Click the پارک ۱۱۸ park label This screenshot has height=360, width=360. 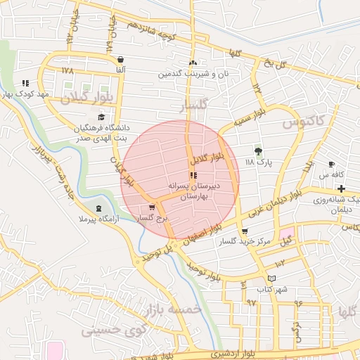point(258,162)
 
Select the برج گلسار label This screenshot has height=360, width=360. point(153,219)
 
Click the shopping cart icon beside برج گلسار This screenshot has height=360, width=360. point(153,207)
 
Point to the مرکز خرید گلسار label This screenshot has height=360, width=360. point(244,241)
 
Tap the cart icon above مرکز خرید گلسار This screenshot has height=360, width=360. point(244,231)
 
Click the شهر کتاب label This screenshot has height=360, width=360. point(272,289)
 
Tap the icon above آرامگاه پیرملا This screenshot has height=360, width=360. point(98,209)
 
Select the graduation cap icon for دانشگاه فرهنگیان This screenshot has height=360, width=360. point(102,117)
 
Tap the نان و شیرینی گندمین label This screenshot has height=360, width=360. point(193,73)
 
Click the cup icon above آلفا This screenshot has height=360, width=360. point(121,60)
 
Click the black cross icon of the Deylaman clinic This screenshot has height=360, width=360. point(341,188)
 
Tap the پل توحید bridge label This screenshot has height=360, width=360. point(154,254)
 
